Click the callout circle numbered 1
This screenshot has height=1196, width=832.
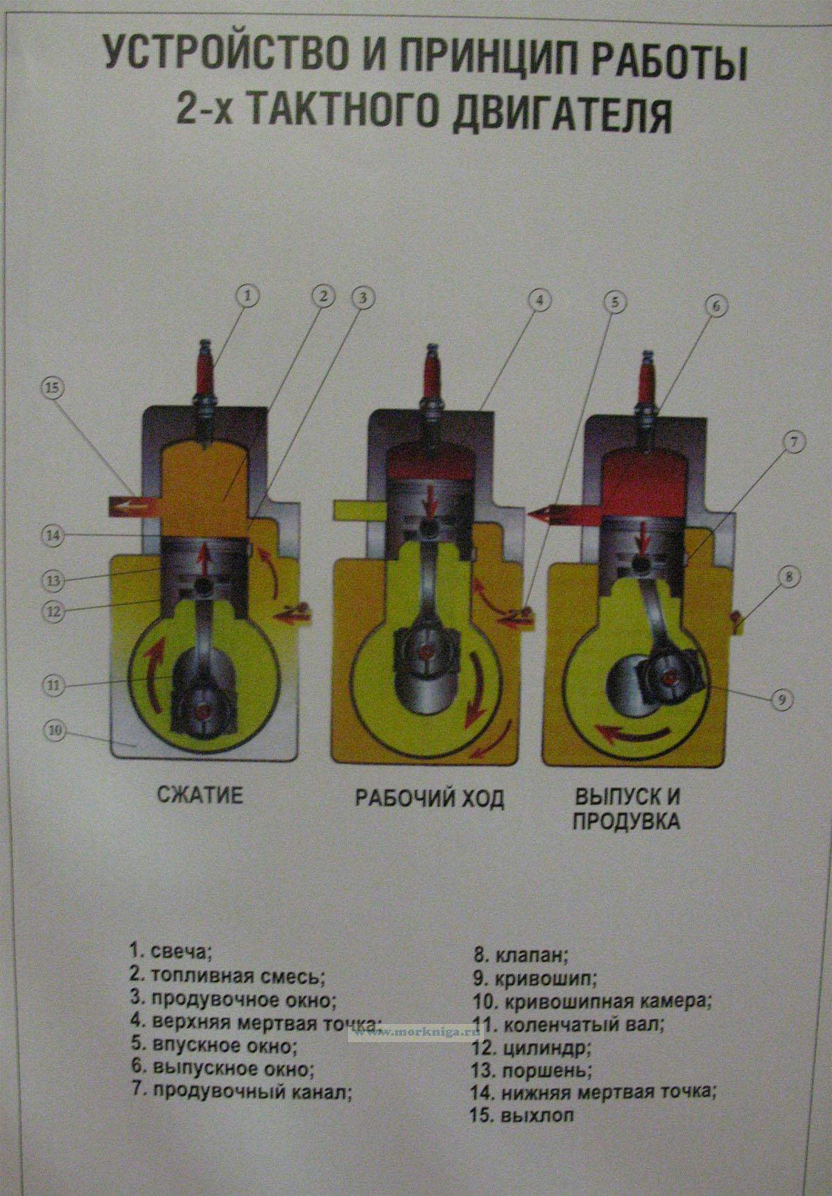(248, 296)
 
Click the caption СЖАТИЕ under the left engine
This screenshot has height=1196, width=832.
(199, 795)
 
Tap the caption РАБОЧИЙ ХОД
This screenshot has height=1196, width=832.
(429, 798)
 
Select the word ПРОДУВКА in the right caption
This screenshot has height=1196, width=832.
(625, 821)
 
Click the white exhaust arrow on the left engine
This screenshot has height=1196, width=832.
(127, 507)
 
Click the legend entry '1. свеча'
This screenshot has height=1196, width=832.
(168, 948)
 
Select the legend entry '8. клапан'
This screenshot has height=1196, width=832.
(520, 956)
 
